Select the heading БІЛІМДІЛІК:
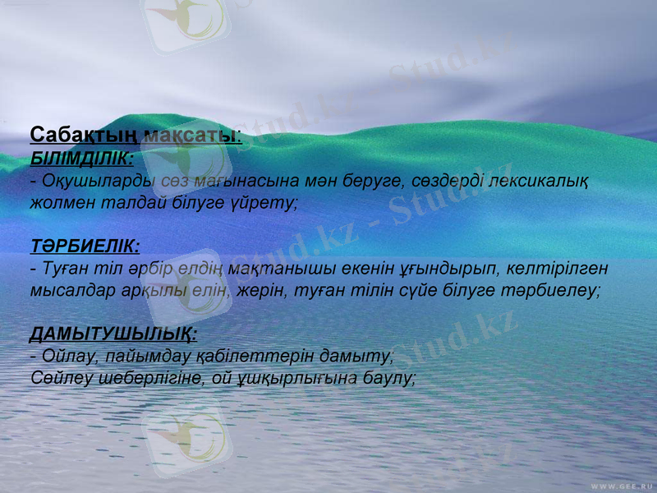[82, 157]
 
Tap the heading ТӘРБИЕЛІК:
[85, 246]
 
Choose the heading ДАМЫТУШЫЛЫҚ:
[113, 334]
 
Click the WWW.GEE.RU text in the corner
[622, 485]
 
